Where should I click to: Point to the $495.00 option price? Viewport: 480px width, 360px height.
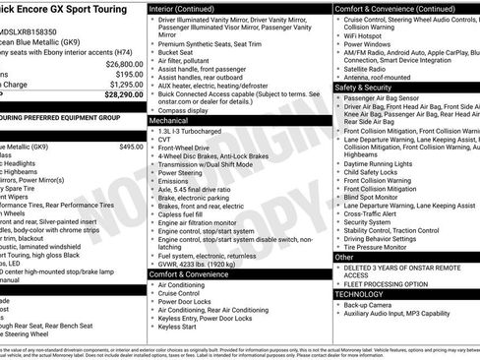[x=131, y=147]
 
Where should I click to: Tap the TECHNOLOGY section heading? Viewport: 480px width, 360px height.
[x=360, y=293]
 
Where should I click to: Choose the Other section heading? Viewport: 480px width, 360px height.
[x=344, y=257]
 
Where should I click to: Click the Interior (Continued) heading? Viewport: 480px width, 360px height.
[x=189, y=8]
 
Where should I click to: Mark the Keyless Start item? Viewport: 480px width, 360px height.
[x=178, y=326]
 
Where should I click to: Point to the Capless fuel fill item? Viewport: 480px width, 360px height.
[x=184, y=212]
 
